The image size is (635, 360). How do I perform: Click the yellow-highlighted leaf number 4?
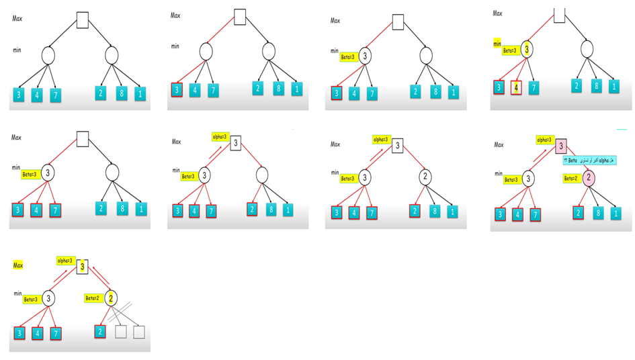516,87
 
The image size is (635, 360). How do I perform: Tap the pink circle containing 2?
588,178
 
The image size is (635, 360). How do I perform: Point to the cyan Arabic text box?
593,161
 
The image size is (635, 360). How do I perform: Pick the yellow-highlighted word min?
498,44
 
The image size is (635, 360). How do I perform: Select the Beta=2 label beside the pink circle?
570,178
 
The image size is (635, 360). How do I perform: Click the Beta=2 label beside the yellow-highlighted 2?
93,298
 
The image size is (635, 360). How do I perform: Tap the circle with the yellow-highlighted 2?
112,298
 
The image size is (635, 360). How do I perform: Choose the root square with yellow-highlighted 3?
82,267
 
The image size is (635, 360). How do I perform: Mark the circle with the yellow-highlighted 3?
528,49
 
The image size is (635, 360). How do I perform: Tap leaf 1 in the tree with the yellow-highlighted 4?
613,86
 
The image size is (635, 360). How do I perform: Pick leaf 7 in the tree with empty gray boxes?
56,332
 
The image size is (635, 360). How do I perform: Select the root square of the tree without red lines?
83,20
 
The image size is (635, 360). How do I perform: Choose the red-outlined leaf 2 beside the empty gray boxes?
100,332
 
